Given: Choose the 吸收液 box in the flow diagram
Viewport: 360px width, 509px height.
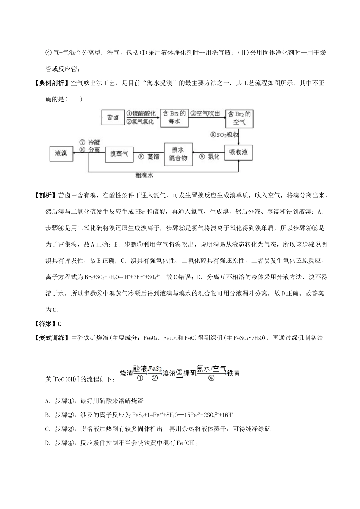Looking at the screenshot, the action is click(x=238, y=152).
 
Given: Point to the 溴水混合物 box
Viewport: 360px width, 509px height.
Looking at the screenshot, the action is click(x=178, y=154).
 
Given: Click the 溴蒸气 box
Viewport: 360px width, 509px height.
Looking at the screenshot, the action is click(x=119, y=154).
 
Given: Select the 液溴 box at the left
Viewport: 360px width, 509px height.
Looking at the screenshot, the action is click(x=61, y=153).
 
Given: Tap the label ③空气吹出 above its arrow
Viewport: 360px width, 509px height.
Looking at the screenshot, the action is click(x=205, y=113).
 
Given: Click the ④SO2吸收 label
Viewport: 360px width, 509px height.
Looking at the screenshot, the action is click(x=224, y=134).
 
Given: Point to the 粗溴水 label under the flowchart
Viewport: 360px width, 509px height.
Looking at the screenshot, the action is click(x=144, y=176).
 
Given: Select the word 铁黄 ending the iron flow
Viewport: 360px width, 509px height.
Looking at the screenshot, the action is click(x=233, y=373).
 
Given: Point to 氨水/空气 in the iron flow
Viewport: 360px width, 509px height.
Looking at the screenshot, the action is click(x=211, y=368).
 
